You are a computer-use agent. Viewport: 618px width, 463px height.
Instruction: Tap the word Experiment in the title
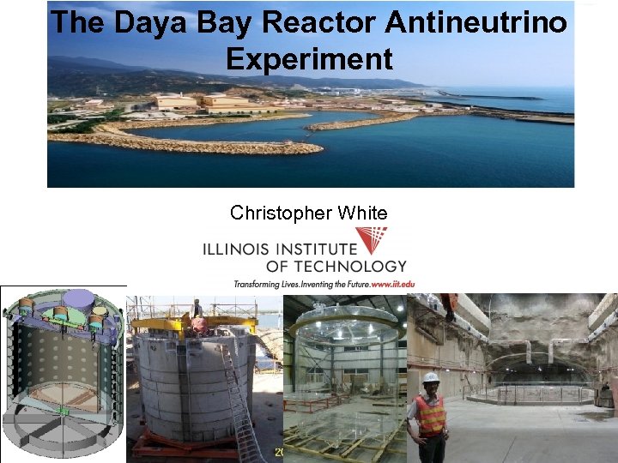coord(309,59)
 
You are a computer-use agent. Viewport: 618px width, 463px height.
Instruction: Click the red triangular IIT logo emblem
coord(371,240)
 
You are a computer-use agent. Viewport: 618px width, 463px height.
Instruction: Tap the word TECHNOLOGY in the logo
coord(349,267)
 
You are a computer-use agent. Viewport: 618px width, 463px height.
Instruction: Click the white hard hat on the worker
coord(430,377)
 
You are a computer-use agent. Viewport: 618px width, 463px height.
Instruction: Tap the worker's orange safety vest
coord(430,414)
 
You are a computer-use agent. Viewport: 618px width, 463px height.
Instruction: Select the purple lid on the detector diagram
coord(80,299)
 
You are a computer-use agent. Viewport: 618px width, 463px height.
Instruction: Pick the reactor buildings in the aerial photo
coord(206,102)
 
